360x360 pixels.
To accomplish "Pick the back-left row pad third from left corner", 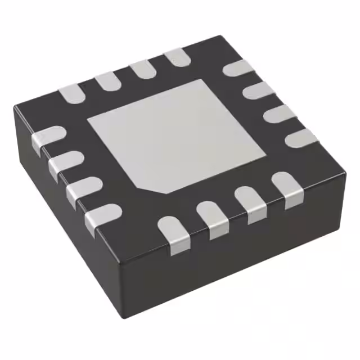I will pyautogui.click(x=142, y=69).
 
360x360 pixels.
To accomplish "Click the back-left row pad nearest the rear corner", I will pyautogui.click(x=177, y=57).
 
